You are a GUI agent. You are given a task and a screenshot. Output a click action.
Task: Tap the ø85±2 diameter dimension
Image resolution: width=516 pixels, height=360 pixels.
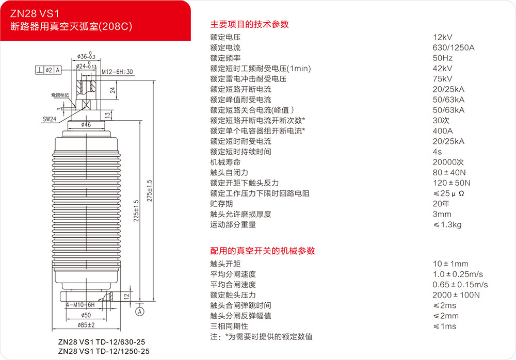(86, 325)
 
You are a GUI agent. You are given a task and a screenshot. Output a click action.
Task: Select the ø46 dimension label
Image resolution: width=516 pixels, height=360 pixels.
(86, 124)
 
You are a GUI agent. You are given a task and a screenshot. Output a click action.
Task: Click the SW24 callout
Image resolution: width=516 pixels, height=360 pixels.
(50, 119)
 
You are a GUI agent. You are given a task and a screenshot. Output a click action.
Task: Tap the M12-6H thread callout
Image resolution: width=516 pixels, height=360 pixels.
(117, 72)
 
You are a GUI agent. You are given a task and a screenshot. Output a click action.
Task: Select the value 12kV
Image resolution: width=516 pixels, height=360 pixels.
(443, 37)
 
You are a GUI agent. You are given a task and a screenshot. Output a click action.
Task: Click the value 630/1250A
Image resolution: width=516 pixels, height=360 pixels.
(454, 47)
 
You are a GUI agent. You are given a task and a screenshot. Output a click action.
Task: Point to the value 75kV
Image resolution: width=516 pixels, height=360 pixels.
(443, 79)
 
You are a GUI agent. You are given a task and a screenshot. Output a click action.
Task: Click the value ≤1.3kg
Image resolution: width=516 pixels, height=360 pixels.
(447, 224)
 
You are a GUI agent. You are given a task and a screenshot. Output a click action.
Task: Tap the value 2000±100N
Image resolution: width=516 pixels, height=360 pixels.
(456, 295)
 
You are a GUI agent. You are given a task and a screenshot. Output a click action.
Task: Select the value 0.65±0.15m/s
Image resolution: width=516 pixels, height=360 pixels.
(460, 285)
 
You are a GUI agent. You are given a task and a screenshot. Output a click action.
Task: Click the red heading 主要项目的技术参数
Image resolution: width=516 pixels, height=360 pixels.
(249, 24)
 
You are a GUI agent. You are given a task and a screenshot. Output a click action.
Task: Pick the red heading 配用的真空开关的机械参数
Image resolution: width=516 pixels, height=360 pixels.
(263, 251)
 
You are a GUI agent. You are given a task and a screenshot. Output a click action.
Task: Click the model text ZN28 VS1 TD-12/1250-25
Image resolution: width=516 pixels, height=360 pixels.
(104, 351)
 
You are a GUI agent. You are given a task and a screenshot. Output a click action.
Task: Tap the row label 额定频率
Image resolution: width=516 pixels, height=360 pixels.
(225, 58)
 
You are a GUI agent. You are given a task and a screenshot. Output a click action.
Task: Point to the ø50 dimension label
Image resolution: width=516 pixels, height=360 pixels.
(86, 315)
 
